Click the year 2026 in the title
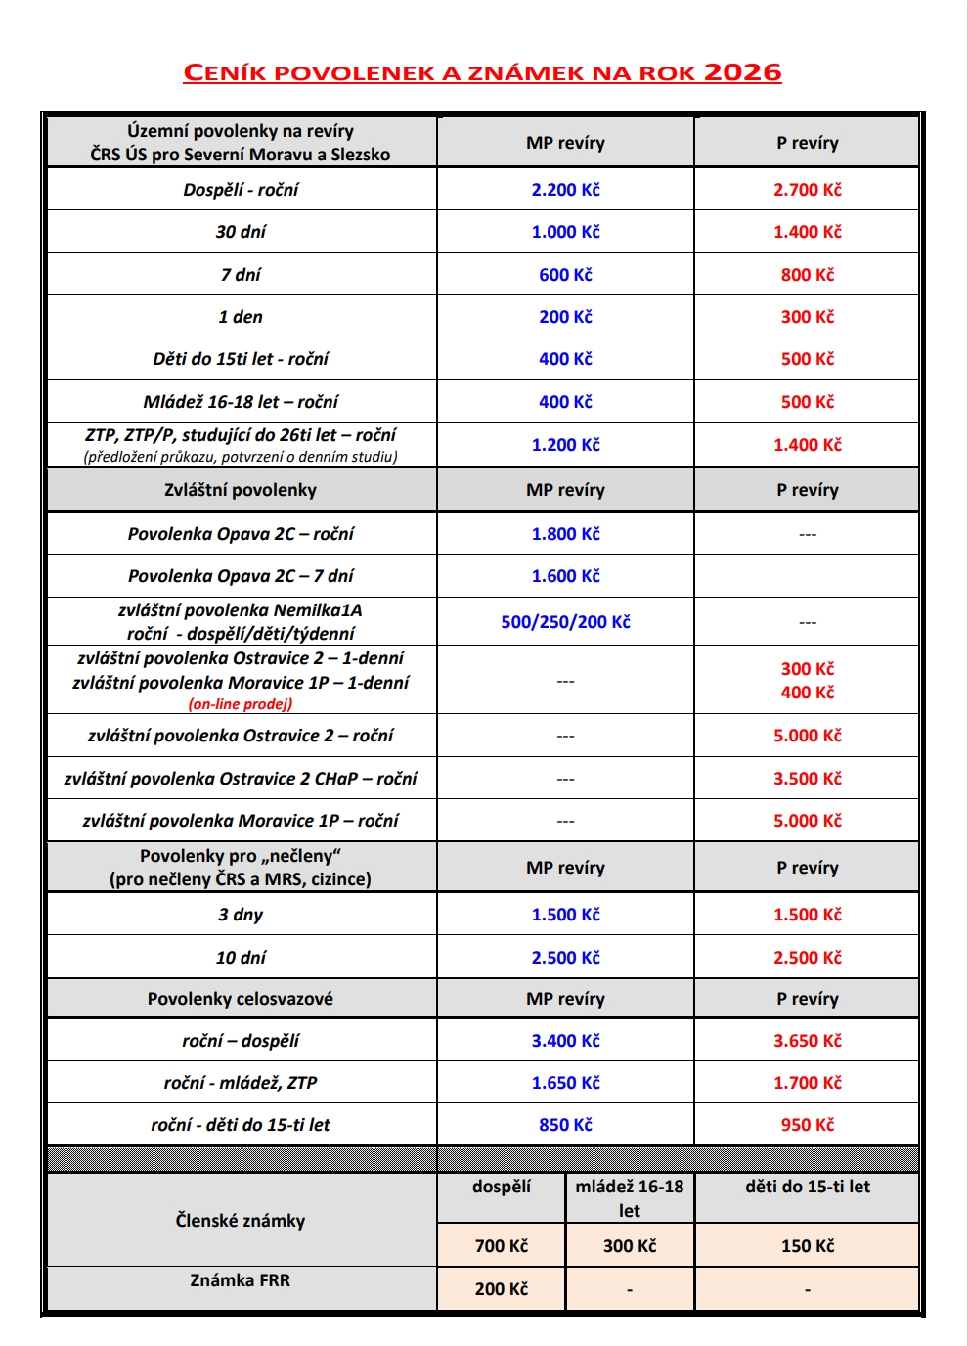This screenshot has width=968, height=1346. tap(742, 72)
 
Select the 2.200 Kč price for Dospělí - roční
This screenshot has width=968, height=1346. tap(565, 190)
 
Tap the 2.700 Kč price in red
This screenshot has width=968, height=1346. tap(807, 190)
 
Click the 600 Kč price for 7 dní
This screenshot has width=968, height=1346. tap(565, 275)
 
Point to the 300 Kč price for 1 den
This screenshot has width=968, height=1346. tap(807, 317)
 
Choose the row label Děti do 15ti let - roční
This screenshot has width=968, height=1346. tap(241, 359)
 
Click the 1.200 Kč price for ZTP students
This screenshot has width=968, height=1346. tap(565, 445)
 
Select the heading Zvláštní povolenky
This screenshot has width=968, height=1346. tap(241, 490)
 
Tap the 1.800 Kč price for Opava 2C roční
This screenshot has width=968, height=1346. tap(565, 534)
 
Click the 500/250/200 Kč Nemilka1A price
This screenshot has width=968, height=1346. tap(565, 622)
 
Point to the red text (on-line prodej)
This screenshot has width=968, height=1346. tap(241, 704)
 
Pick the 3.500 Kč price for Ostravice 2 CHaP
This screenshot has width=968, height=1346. tap(807, 779)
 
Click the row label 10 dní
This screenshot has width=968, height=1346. tap(241, 958)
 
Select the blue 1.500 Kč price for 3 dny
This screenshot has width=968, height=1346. tap(565, 915)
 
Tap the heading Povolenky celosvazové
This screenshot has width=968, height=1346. tap(241, 999)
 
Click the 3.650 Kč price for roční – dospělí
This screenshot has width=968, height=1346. tap(807, 1041)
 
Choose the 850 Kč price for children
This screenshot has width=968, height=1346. tap(565, 1125)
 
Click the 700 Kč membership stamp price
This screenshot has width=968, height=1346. tap(501, 1246)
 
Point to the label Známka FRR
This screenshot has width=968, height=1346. tap(241, 1280)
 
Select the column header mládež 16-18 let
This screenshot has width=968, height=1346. tap(630, 1198)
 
